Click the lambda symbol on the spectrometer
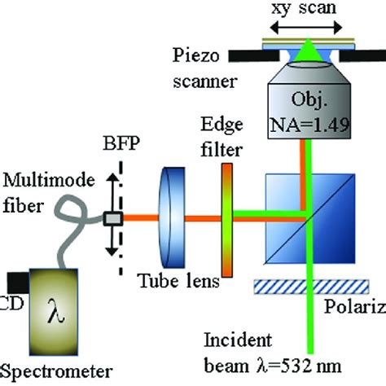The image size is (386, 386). [x=61, y=312]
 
